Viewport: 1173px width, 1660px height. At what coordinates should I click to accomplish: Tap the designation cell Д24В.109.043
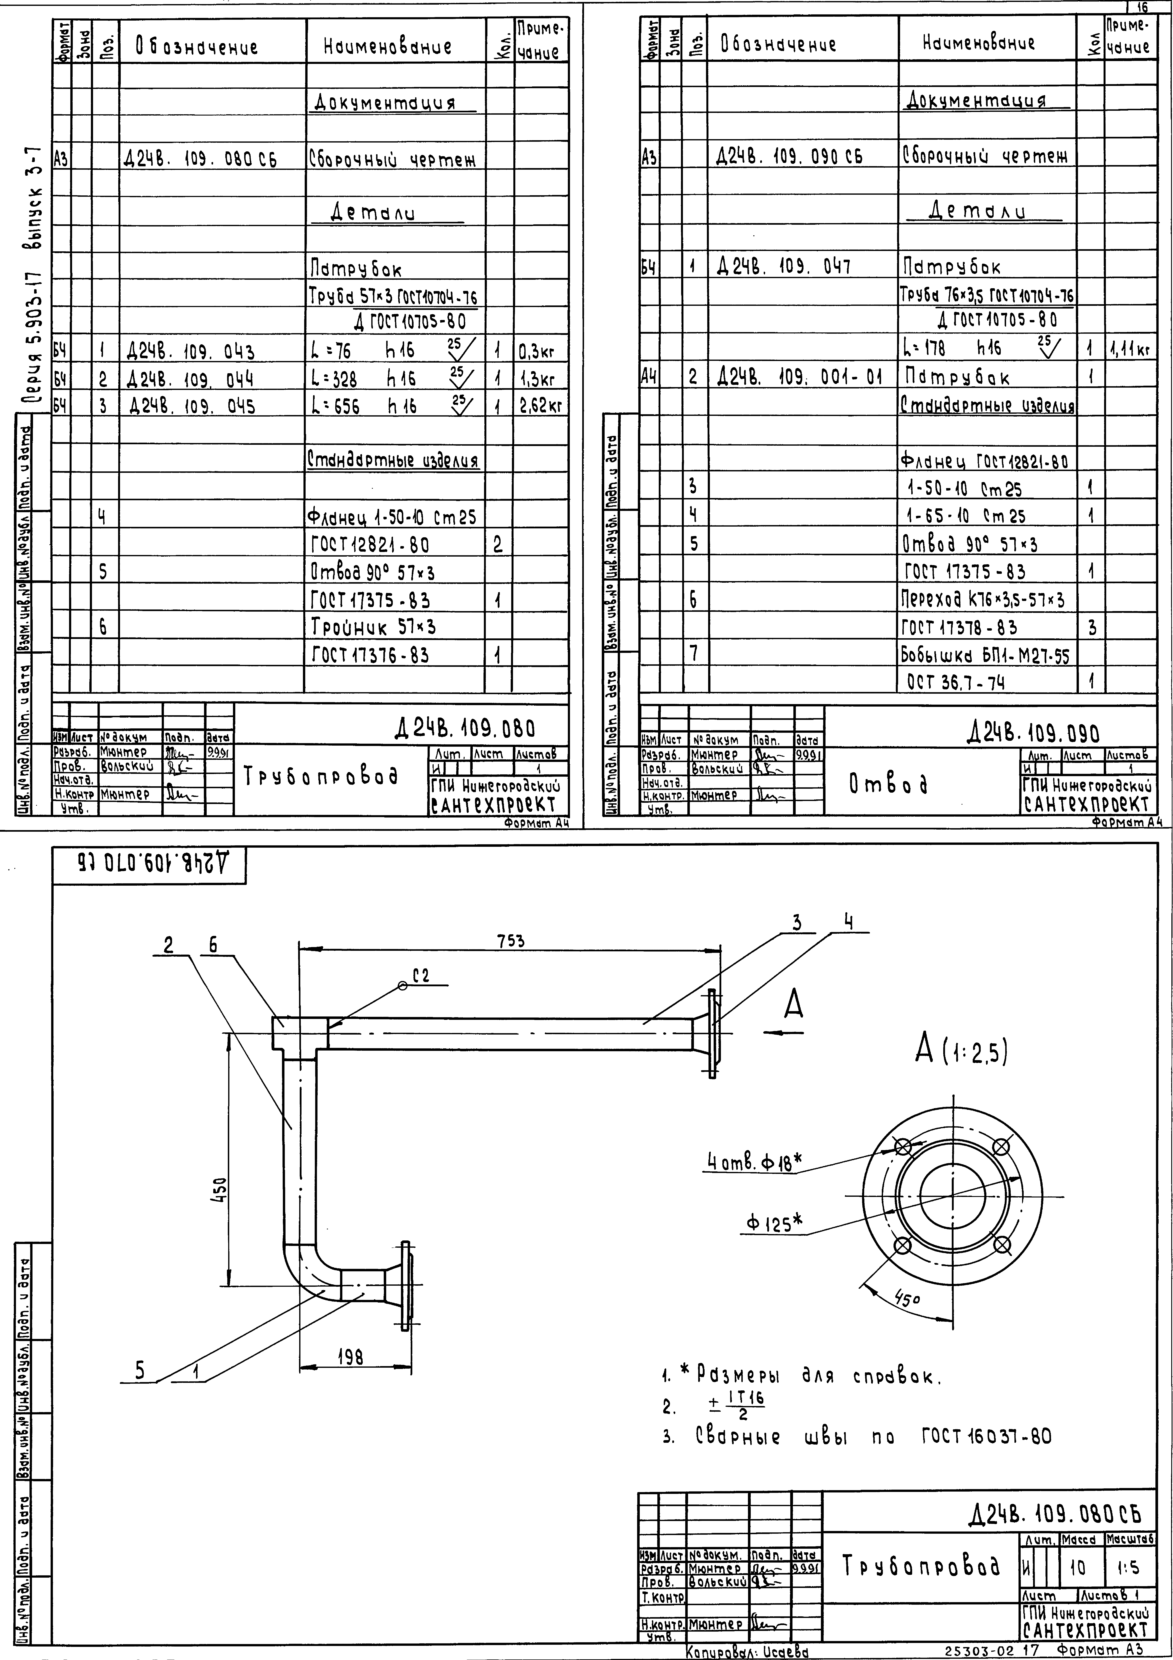(190, 352)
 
